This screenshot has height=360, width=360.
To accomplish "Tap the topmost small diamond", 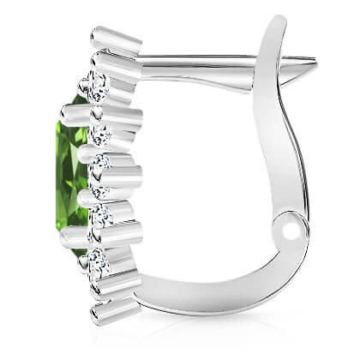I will (x=97, y=84).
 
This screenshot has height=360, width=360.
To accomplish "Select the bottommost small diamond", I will (x=95, y=261).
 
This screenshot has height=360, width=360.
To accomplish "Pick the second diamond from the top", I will (x=101, y=134).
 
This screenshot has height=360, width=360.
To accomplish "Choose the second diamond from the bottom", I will (x=101, y=215).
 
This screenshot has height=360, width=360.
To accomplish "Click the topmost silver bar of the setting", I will (x=116, y=39).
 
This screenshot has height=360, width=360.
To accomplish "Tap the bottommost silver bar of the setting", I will (x=116, y=309).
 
